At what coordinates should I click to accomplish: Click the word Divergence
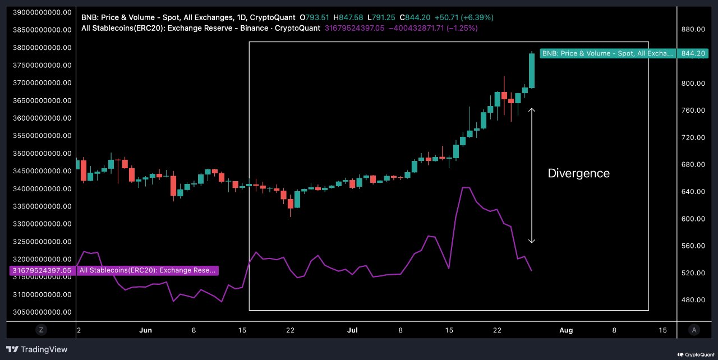tap(578, 173)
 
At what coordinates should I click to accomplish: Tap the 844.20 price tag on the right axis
tap(693, 53)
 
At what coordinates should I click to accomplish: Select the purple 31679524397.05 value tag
tap(41, 270)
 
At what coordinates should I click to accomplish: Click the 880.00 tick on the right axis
tap(693, 29)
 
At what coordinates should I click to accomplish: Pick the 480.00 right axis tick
tap(693, 299)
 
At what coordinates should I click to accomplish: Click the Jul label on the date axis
tap(352, 330)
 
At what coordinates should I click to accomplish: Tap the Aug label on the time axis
tap(566, 330)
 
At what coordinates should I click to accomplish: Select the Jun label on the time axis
tap(145, 330)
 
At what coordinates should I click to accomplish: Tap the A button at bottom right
tap(694, 330)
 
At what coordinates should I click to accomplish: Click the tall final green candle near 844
tap(532, 70)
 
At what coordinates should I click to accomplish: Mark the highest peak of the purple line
tap(464, 188)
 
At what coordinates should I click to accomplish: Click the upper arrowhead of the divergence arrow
tap(532, 110)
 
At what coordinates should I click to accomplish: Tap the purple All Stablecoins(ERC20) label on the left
tap(148, 270)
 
